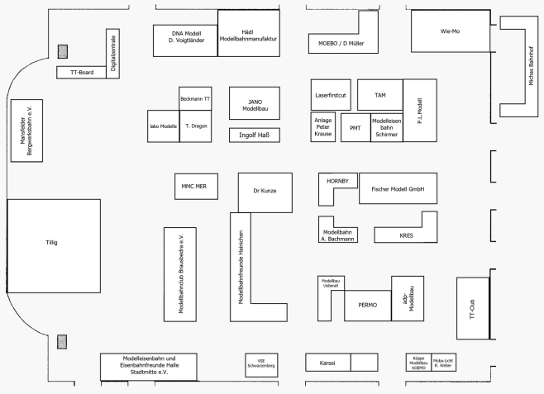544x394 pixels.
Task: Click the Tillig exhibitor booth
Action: pyautogui.click(x=54, y=244)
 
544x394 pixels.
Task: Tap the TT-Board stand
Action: pyautogui.click(x=81, y=73)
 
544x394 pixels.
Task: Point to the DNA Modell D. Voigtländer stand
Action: pyautogui.click(x=186, y=36)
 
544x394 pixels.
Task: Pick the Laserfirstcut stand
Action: pyautogui.click(x=332, y=95)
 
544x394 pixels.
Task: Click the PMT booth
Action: pyautogui.click(x=356, y=128)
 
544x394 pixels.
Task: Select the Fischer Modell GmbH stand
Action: pyautogui.click(x=398, y=188)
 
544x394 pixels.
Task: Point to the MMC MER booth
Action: pyautogui.click(x=193, y=187)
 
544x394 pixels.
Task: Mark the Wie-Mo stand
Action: pyautogui.click(x=450, y=31)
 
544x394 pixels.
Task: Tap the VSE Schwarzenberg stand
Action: pyautogui.click(x=261, y=364)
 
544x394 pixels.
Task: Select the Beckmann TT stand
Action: pyautogui.click(x=196, y=98)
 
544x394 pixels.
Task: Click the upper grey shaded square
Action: pyautogui.click(x=62, y=52)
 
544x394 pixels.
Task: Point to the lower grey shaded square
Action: pyautogui.click(x=62, y=341)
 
